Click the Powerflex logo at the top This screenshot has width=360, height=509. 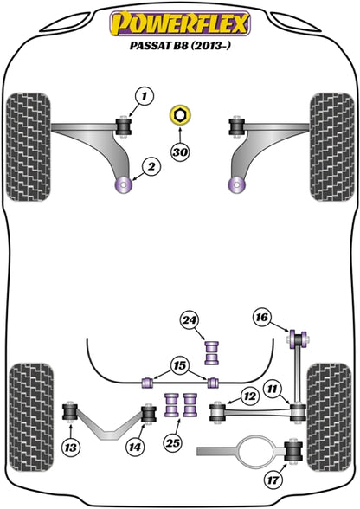click(x=181, y=23)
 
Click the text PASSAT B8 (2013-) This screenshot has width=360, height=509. click(x=180, y=45)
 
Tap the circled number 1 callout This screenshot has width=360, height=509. click(x=144, y=96)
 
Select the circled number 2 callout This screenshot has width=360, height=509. click(x=151, y=167)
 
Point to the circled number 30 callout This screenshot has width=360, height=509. click(x=180, y=151)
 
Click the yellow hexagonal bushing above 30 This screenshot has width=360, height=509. click(x=181, y=115)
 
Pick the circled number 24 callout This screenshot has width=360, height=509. click(x=190, y=320)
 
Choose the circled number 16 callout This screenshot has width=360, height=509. click(x=262, y=317)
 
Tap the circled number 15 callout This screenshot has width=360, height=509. click(x=180, y=366)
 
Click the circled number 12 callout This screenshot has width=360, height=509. click(x=250, y=396)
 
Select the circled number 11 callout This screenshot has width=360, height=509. click(x=273, y=389)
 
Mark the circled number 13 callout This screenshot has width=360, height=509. click(x=70, y=448)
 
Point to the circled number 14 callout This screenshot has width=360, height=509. click(x=135, y=448)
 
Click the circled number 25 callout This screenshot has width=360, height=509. click(x=173, y=442)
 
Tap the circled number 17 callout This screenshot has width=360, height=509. click(x=273, y=480)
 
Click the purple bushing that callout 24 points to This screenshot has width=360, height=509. click(x=212, y=352)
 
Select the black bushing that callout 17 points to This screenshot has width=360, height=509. click(x=293, y=451)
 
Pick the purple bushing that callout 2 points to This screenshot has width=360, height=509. click(x=124, y=185)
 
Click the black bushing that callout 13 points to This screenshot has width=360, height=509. click(x=70, y=412)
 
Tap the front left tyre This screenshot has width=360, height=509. click(x=29, y=147)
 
